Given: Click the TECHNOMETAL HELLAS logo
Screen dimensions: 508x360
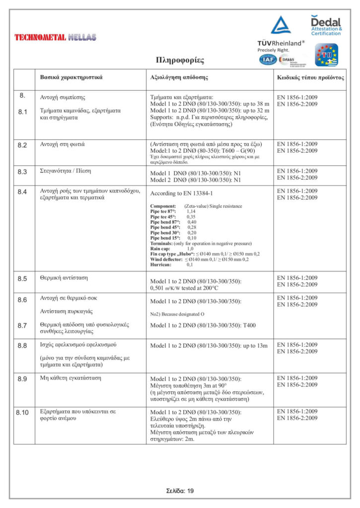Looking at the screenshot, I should (55, 37).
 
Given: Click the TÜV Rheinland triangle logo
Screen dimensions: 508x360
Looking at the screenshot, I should (281, 26).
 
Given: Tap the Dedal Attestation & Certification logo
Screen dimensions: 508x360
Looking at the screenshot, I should (326, 25).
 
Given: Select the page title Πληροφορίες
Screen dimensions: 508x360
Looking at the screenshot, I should (180, 61).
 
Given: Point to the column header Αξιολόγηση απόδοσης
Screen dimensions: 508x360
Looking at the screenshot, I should (179, 78).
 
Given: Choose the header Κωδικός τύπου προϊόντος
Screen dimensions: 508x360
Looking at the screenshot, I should (310, 78).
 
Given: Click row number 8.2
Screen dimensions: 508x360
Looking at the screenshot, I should (22, 144).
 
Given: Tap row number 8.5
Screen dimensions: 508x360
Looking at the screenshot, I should (22, 278).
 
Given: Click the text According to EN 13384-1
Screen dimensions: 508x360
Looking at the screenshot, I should (182, 194).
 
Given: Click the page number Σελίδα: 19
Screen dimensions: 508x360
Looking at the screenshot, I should (180, 491).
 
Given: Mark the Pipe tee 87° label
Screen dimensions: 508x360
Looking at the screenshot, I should (165, 211).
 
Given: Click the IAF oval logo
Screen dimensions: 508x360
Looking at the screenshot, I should (268, 60).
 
